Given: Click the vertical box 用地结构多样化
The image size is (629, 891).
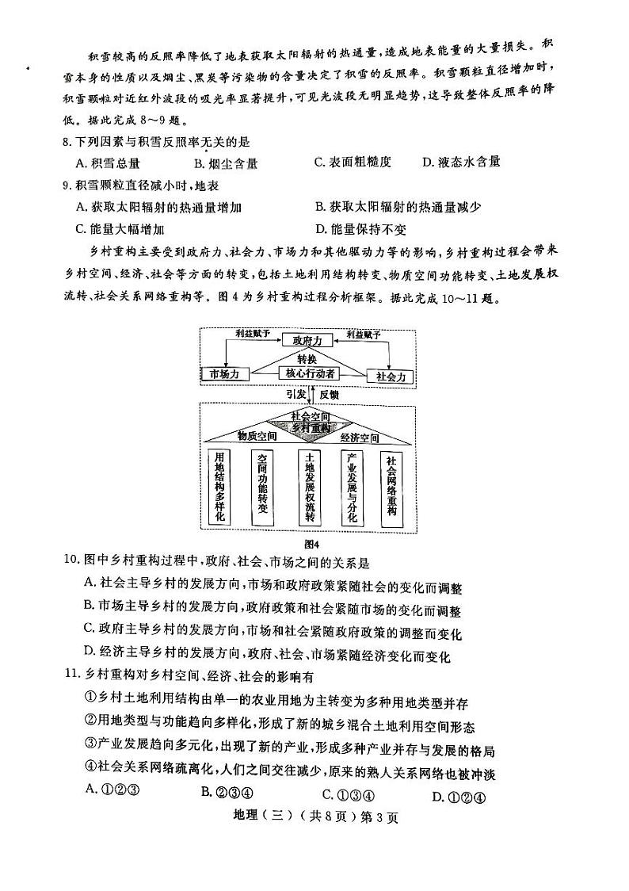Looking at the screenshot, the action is coord(219,488).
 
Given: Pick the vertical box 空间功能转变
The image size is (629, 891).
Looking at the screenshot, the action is coord(264,488).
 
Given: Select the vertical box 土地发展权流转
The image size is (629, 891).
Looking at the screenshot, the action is coord(309,488).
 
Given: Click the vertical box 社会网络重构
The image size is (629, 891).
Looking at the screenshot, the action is coord(392,486).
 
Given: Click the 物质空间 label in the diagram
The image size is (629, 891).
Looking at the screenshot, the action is coord(257,436).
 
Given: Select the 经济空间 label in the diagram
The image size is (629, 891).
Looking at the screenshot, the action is coord(359,436).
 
